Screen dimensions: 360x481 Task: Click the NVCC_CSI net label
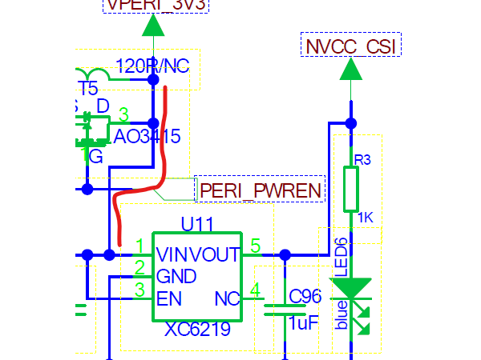350,45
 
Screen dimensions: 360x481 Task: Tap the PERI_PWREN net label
261,190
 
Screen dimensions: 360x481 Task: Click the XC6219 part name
197,330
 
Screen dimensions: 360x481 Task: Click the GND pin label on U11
176,277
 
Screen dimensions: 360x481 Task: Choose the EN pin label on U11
168,299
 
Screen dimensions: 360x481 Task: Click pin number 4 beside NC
255,290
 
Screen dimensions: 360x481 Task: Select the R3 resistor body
350,189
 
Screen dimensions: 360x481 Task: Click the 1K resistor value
366,218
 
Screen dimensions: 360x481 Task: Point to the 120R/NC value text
152,66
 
